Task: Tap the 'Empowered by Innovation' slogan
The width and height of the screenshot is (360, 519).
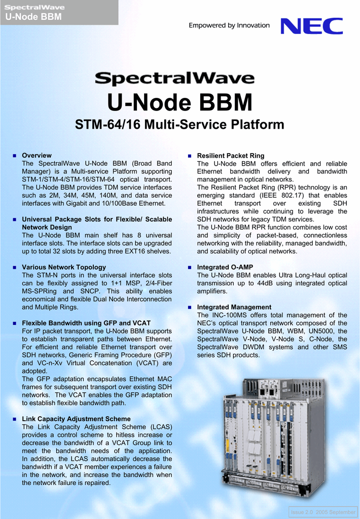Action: coord(229,25)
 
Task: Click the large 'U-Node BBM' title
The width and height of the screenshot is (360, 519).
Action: coord(179,103)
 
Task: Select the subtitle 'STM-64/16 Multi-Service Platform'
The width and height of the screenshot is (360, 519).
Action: coord(179,125)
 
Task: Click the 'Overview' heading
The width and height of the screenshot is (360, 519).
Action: coord(37,156)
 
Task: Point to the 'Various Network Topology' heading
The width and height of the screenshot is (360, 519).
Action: coord(64,267)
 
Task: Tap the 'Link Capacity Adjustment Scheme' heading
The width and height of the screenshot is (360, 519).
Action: coord(76,419)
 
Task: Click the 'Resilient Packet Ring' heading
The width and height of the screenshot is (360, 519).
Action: coord(230,156)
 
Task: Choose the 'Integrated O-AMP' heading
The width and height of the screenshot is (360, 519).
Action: coord(225,267)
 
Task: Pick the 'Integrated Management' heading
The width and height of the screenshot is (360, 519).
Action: coord(234,307)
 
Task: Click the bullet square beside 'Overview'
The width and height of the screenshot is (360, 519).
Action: coord(15,156)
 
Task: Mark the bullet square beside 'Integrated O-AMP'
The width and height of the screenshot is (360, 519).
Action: coord(190,267)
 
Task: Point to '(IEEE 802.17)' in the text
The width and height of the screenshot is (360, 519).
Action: coord(279,196)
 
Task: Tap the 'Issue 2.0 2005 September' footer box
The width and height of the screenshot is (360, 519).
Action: coord(323,512)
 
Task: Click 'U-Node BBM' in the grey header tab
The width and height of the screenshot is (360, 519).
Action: coord(33,17)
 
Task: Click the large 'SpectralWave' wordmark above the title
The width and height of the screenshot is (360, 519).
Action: coord(174,79)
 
